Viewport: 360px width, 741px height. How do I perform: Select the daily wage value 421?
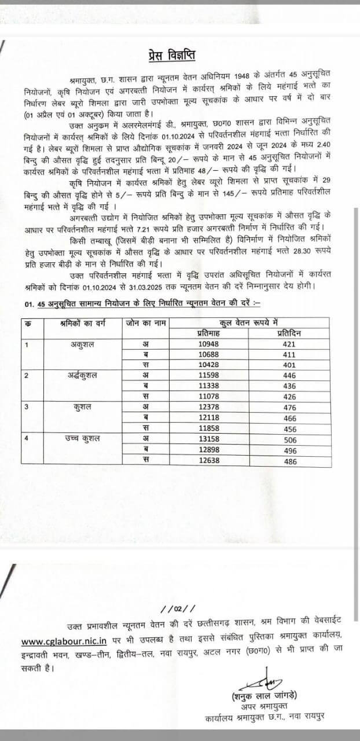288,344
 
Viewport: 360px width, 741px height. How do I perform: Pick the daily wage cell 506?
288,438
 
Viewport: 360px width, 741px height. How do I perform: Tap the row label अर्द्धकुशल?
82,376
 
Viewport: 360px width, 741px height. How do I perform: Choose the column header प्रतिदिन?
288,333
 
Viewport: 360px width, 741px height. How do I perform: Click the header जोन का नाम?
146,322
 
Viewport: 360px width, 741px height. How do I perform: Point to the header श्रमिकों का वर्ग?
80,322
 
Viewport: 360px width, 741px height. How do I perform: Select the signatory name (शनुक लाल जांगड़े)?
267,696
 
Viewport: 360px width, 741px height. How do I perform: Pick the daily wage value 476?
288,407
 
